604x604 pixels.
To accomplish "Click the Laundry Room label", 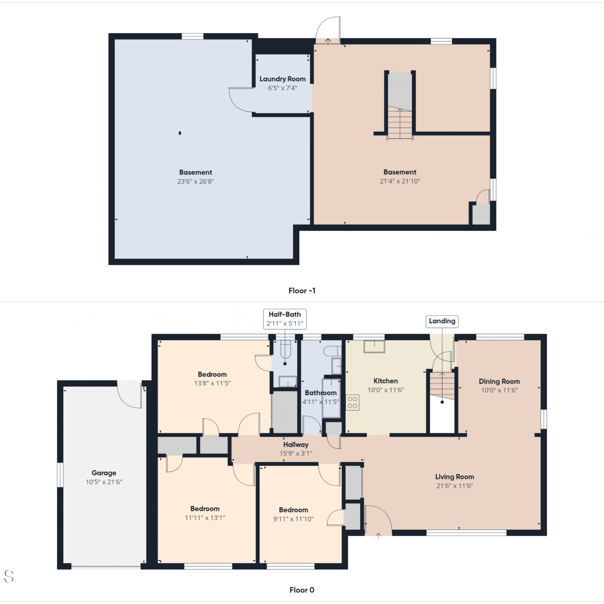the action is (x=282, y=79).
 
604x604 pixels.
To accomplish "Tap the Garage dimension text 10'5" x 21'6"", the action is (x=104, y=482).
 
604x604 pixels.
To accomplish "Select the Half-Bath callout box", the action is (x=285, y=319).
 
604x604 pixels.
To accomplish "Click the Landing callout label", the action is (x=442, y=321).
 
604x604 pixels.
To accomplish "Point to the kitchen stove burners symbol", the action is (x=352, y=403).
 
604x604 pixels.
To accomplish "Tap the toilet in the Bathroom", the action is (x=333, y=351).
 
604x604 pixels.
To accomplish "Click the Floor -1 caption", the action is (x=302, y=291).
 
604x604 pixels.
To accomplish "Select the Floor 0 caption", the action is (x=302, y=590).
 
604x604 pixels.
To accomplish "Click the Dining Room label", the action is (x=499, y=381).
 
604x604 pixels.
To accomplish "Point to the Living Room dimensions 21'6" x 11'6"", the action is (x=455, y=486).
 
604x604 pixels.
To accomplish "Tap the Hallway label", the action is (x=296, y=445).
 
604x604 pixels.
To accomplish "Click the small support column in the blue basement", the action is (x=180, y=133).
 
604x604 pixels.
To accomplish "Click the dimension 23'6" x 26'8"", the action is (x=196, y=182).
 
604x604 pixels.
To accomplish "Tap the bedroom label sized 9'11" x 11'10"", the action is (x=294, y=510).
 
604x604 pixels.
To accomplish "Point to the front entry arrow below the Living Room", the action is (x=378, y=536).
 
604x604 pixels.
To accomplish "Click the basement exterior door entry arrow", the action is (x=328, y=41).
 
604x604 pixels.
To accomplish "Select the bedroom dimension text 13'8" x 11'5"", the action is (x=212, y=383).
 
